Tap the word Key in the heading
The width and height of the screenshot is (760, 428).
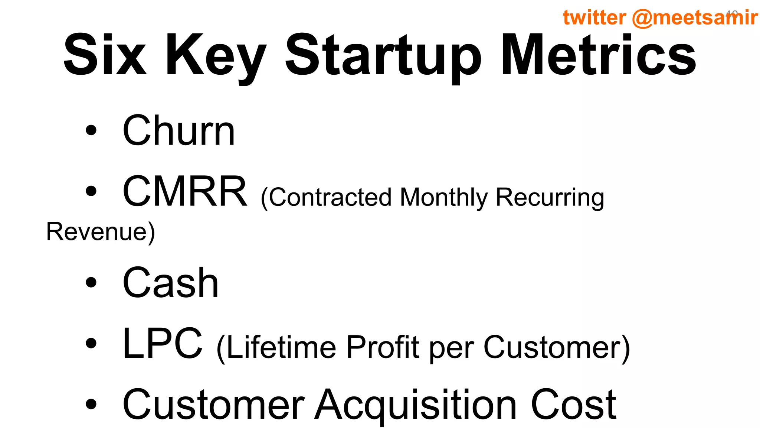pos(216,56)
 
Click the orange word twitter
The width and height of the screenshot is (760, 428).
pos(594,17)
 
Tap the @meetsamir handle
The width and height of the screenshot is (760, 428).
pos(694,17)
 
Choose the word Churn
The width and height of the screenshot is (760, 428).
pos(178,131)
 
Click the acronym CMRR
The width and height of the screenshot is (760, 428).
pos(185,192)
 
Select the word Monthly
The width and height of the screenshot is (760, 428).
pos(443,198)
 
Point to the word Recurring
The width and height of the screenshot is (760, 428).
pos(550,198)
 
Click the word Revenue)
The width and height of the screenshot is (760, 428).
pos(101,232)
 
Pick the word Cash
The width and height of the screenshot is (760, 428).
pos(170,283)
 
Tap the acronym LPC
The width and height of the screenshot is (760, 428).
pos(163,344)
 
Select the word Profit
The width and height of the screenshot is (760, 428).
pos(383,348)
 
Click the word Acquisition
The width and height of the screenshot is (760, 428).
pos(416,405)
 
